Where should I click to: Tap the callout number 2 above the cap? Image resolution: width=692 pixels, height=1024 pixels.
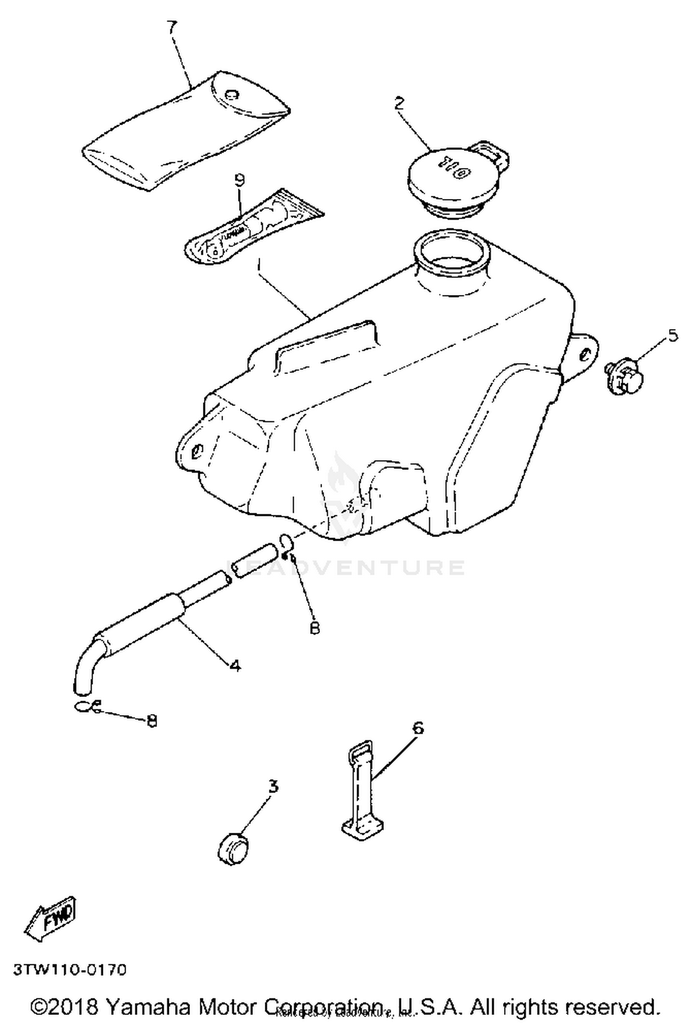pyautogui.click(x=399, y=102)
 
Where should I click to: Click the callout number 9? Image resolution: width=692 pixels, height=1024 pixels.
pyautogui.click(x=239, y=181)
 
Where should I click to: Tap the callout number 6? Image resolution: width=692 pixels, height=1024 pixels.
pyautogui.click(x=418, y=728)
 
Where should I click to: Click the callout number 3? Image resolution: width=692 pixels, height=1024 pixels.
pyautogui.click(x=274, y=786)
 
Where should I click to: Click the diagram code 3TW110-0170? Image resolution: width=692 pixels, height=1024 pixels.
pyautogui.click(x=69, y=970)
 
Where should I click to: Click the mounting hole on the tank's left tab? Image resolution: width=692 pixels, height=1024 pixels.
pyautogui.click(x=197, y=449)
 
